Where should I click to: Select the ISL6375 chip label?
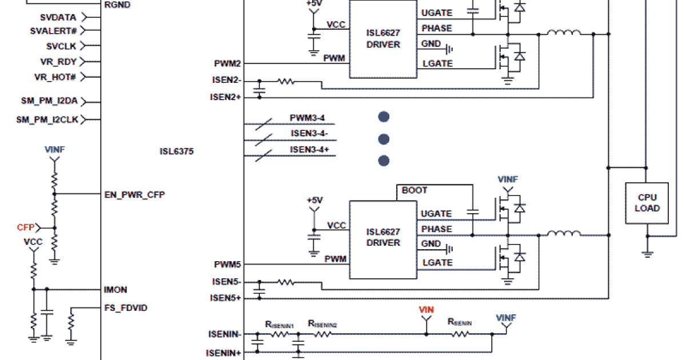click(x=177, y=151)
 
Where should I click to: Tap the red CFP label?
click(x=25, y=227)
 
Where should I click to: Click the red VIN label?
click(x=426, y=310)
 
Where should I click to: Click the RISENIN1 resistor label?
click(x=279, y=324)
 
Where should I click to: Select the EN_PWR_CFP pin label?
click(x=135, y=194)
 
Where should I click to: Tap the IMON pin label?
click(x=116, y=290)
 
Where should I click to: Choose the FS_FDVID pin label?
click(x=126, y=308)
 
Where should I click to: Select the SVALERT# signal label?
click(x=53, y=31)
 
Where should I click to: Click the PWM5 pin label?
click(x=228, y=265)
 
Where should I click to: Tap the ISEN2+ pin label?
click(x=225, y=97)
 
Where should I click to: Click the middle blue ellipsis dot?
click(x=384, y=139)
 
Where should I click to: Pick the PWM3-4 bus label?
click(x=307, y=118)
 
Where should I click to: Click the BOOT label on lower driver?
click(x=414, y=190)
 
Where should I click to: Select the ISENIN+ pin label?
click(x=224, y=353)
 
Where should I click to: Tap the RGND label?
click(x=118, y=5)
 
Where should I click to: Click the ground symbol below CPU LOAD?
click(x=647, y=254)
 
